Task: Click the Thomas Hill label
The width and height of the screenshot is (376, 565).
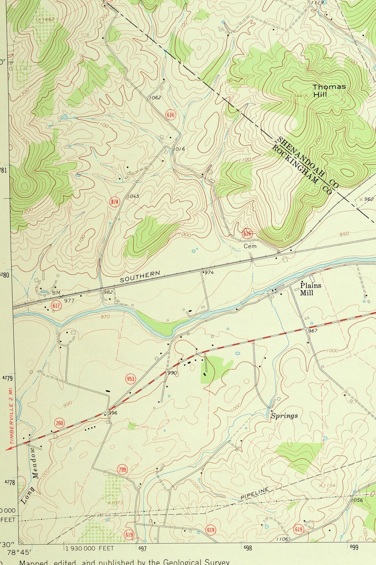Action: click(x=329, y=90)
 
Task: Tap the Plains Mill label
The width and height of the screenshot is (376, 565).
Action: click(x=310, y=289)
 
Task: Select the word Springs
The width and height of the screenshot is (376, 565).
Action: click(x=284, y=416)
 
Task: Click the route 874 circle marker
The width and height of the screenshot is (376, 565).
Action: click(x=115, y=202)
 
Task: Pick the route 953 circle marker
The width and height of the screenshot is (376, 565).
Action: click(x=131, y=379)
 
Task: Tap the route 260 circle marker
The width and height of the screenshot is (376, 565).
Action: click(x=60, y=423)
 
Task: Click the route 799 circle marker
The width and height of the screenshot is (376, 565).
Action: click(x=122, y=469)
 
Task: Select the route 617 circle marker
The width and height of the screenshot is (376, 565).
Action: click(x=56, y=306)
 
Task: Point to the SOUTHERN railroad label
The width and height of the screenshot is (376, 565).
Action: click(x=140, y=277)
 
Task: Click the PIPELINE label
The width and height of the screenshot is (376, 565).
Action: click(x=255, y=493)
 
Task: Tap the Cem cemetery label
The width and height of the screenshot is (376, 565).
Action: click(x=250, y=246)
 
